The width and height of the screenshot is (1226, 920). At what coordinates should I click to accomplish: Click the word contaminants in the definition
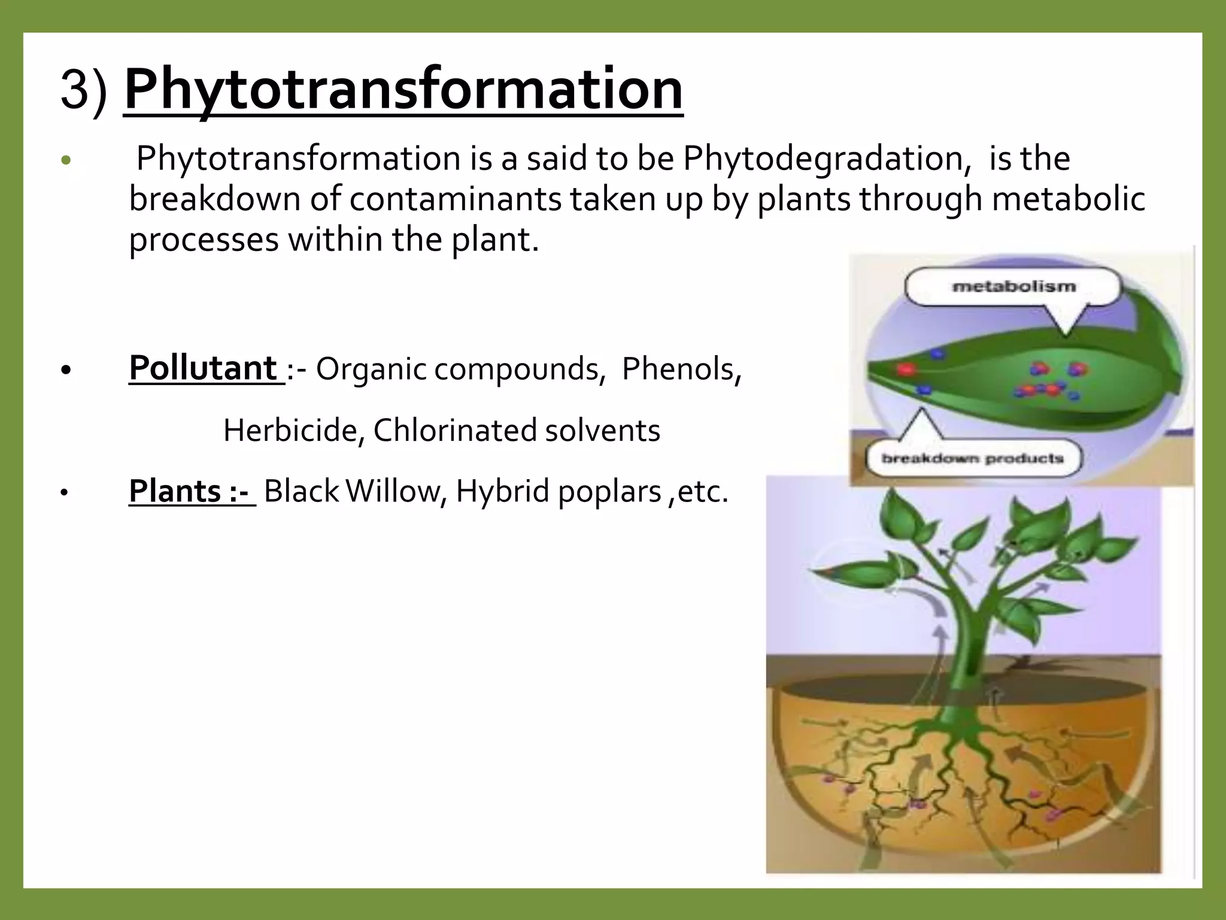click(455, 199)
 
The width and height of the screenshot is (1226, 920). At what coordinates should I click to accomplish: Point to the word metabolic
click(1068, 199)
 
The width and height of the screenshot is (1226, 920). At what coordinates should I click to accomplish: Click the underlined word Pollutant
click(204, 368)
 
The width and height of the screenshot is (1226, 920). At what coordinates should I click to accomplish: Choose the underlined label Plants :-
click(190, 491)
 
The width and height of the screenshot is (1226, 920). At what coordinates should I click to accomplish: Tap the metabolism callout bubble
click(1013, 287)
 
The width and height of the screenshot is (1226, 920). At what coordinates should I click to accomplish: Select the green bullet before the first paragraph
click(66, 161)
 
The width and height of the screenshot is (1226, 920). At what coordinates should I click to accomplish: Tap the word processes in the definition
click(204, 240)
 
